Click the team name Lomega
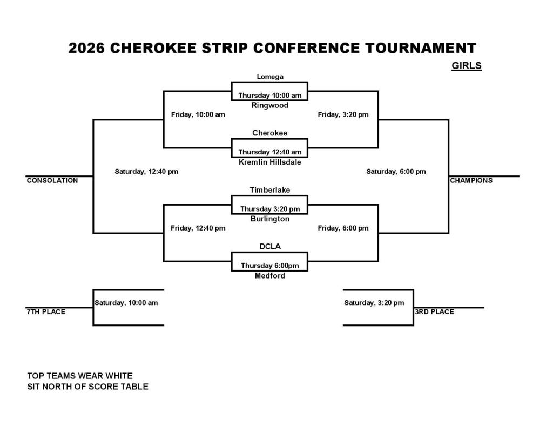coord(270,77)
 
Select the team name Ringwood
coord(270,105)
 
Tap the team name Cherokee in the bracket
coord(270,133)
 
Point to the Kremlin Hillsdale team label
coord(270,162)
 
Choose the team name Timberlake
coord(270,190)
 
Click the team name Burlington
coord(270,219)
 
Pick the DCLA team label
coord(270,247)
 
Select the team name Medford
coord(270,276)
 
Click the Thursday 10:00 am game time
coord(270,95)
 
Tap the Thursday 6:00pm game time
coord(270,266)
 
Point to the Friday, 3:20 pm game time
coord(343,114)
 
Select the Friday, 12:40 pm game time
coord(198,228)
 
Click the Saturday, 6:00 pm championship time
coord(396,171)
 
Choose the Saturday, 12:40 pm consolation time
coord(146,171)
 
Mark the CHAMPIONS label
coord(471,180)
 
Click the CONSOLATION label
coord(52,180)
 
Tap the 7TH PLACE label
coord(46,311)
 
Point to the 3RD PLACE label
coord(435,311)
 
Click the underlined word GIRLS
coord(467,66)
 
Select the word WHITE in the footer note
coord(119,376)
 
